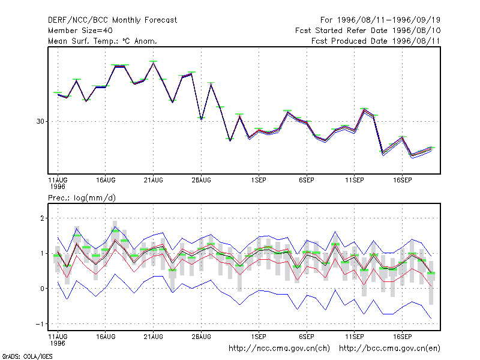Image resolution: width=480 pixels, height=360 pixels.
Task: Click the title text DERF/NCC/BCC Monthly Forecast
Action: click(x=112, y=20)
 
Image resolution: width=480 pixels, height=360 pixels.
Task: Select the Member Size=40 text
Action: click(x=80, y=31)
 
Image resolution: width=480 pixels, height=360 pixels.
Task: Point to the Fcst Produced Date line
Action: click(x=376, y=41)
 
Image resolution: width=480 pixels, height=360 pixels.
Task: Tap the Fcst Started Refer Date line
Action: click(x=368, y=31)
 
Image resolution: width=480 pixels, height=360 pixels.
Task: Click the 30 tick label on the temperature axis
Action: click(x=40, y=122)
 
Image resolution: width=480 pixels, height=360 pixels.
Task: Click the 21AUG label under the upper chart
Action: click(x=154, y=181)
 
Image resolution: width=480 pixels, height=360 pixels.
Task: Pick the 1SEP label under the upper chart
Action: click(x=259, y=181)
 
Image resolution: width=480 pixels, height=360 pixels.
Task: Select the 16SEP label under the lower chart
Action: click(x=402, y=337)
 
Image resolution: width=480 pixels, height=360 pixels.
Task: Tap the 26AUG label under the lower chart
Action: click(x=201, y=337)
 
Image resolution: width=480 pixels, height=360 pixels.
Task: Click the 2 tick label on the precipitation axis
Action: click(x=42, y=218)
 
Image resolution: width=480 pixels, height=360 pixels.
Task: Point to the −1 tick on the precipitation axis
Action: click(x=40, y=324)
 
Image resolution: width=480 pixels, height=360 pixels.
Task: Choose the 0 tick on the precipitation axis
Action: click(x=42, y=289)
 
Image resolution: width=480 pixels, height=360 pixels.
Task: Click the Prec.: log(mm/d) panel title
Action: click(x=82, y=198)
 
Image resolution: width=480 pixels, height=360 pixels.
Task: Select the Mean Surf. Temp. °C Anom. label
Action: click(x=103, y=41)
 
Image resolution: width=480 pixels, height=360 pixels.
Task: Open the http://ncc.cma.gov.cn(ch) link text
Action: click(x=279, y=349)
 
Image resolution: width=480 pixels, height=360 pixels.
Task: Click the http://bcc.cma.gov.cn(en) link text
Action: click(x=389, y=349)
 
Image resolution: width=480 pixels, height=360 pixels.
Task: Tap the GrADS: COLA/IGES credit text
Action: click(x=27, y=356)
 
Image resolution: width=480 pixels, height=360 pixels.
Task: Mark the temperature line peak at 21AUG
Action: click(x=154, y=63)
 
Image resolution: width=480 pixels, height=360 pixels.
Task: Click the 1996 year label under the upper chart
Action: click(x=58, y=187)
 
